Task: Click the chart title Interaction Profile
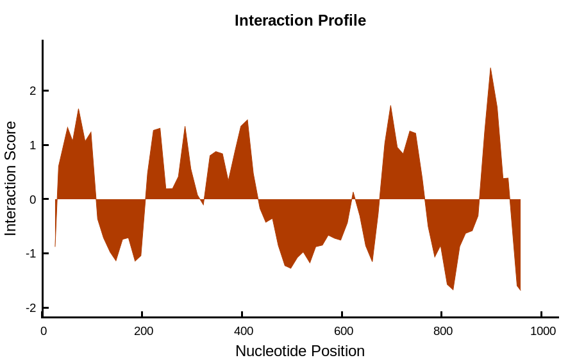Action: click(300, 20)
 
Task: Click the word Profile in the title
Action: click(342, 20)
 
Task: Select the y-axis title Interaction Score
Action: click(11, 178)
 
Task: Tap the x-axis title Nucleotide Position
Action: click(300, 351)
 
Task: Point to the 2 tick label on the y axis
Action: click(33, 91)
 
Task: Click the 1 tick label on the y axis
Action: click(33, 145)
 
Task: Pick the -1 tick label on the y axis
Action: click(31, 254)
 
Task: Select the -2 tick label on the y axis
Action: click(31, 308)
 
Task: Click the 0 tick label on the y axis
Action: click(33, 200)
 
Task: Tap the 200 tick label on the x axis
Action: click(144, 331)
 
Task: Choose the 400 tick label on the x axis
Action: click(243, 331)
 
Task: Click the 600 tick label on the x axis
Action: click(344, 331)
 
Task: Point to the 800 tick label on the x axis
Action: click(442, 331)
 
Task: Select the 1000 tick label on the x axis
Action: click(543, 331)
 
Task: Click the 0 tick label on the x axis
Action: click(44, 331)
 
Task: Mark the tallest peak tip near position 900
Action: click(490, 68)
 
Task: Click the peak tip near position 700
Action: click(390, 106)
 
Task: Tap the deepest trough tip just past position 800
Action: click(453, 290)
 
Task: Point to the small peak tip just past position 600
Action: click(353, 192)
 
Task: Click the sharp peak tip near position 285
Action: click(185, 126)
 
